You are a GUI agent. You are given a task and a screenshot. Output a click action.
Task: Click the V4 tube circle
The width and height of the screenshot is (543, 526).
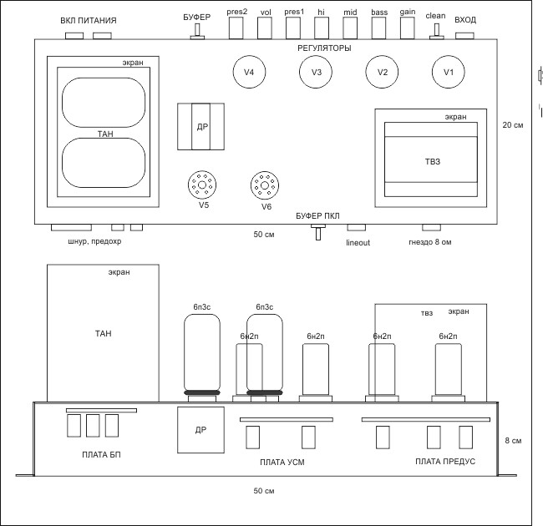(248, 72)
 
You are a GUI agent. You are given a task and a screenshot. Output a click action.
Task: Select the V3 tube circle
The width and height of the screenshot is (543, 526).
(316, 72)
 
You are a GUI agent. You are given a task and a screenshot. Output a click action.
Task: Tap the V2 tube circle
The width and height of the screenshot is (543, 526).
(382, 72)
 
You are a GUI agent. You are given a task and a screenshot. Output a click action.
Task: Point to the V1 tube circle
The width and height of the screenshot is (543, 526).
(448, 72)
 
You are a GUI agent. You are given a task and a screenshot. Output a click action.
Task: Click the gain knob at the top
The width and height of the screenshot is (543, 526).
(407, 28)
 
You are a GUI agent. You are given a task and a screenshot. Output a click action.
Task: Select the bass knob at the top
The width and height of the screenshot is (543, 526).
(378, 28)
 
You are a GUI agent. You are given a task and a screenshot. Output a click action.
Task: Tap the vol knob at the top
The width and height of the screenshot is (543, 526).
(265, 28)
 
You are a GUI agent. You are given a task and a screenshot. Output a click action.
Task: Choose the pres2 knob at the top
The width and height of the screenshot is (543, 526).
(236, 28)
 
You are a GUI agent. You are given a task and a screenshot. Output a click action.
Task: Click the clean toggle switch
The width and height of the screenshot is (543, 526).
(435, 30)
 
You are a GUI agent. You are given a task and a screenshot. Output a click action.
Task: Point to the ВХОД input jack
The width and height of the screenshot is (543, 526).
(465, 36)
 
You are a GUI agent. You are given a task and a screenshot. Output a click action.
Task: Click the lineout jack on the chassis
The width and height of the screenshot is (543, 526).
(357, 227)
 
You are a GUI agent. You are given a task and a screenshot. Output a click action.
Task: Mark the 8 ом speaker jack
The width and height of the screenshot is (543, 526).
(431, 227)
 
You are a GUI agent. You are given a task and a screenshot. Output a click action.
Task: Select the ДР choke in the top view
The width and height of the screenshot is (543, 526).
(202, 127)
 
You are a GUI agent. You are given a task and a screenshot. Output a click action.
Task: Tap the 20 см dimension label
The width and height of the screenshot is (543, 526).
(512, 125)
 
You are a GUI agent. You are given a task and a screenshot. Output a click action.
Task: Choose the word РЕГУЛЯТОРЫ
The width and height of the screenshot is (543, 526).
(324, 48)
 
